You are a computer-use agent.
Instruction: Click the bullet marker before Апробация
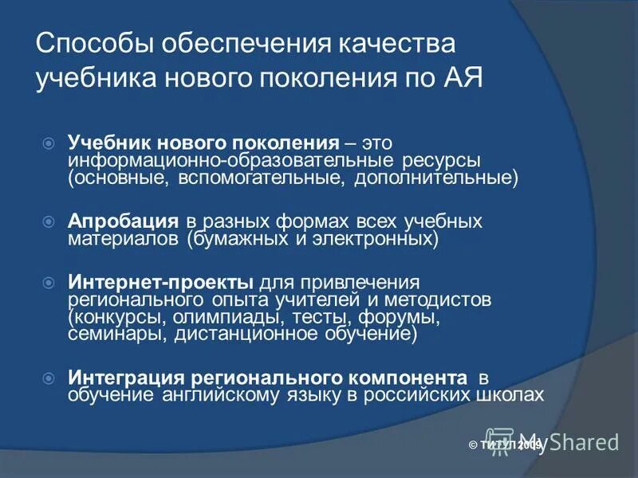[x=48, y=220]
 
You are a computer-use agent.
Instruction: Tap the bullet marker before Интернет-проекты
[x=48, y=283]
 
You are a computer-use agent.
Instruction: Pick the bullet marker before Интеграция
[x=48, y=377]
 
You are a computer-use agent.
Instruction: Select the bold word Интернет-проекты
[x=161, y=283]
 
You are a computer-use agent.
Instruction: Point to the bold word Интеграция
[x=124, y=377]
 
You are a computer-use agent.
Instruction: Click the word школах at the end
[x=514, y=394]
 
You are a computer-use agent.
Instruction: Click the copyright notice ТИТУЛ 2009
[x=507, y=445]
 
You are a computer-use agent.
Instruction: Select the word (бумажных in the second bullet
[x=231, y=238]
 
